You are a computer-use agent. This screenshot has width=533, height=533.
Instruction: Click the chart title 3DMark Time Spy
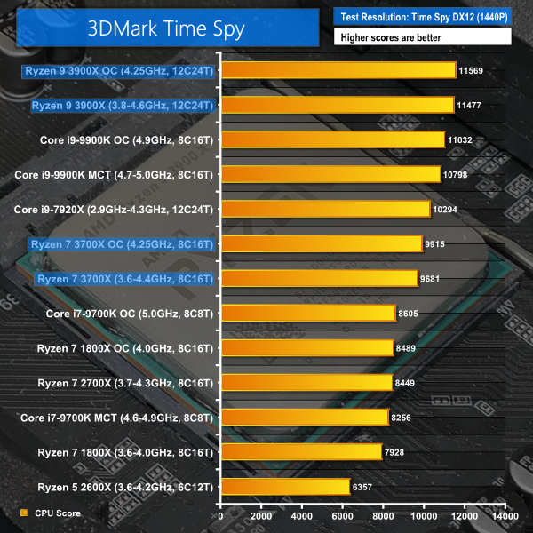pos(166,28)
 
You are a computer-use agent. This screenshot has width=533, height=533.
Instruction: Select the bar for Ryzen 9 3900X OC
pos(338,69)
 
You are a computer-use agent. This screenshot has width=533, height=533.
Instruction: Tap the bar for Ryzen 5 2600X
pos(284,487)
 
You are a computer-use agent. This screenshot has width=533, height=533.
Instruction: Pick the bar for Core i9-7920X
pos(325,209)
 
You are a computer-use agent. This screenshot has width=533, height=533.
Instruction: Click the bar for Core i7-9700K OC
pos(307,313)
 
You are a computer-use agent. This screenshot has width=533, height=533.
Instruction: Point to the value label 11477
pos(469,105)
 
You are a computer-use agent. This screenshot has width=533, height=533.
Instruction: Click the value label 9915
pos(438,243)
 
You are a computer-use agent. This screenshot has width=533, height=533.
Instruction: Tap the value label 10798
pos(456,174)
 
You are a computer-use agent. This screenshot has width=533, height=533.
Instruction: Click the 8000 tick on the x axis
pos(383,516)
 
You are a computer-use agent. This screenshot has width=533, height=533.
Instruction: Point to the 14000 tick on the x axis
pos(505,516)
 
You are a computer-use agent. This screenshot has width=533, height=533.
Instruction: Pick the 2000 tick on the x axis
pos(260,516)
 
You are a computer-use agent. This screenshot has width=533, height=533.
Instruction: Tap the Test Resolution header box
pos(422,16)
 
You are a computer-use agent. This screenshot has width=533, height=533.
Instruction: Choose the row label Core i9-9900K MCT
pos(114,174)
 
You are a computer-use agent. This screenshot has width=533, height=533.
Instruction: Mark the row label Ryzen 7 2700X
pos(124,383)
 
